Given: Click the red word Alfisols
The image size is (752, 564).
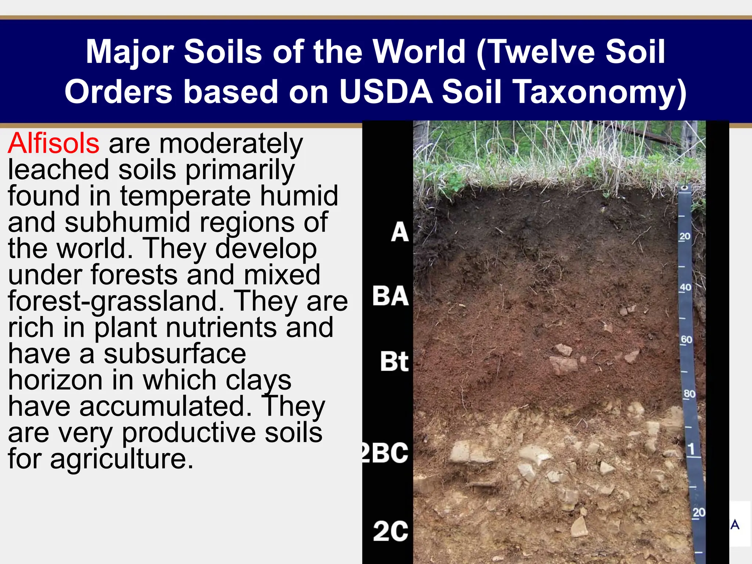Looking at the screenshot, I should click(x=54, y=143).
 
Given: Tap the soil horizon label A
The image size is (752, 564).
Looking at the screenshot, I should click(x=399, y=232).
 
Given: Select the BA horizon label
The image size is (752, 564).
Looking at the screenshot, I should click(x=390, y=296).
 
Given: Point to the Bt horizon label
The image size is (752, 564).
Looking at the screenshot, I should click(x=394, y=362).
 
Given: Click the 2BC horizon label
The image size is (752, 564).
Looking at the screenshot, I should click(x=385, y=452).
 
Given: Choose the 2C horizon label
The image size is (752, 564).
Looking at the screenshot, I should click(x=391, y=531).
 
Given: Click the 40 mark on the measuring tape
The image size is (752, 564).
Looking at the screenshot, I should click(x=685, y=287).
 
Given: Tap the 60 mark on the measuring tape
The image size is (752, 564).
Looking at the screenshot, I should click(x=686, y=340).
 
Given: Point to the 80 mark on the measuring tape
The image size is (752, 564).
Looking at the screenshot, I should click(x=689, y=394).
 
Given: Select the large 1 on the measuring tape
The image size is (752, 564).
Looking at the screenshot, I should click(x=691, y=449).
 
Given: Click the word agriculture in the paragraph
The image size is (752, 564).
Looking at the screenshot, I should click(x=122, y=459).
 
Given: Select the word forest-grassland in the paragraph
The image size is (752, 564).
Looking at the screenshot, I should click(x=116, y=301).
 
